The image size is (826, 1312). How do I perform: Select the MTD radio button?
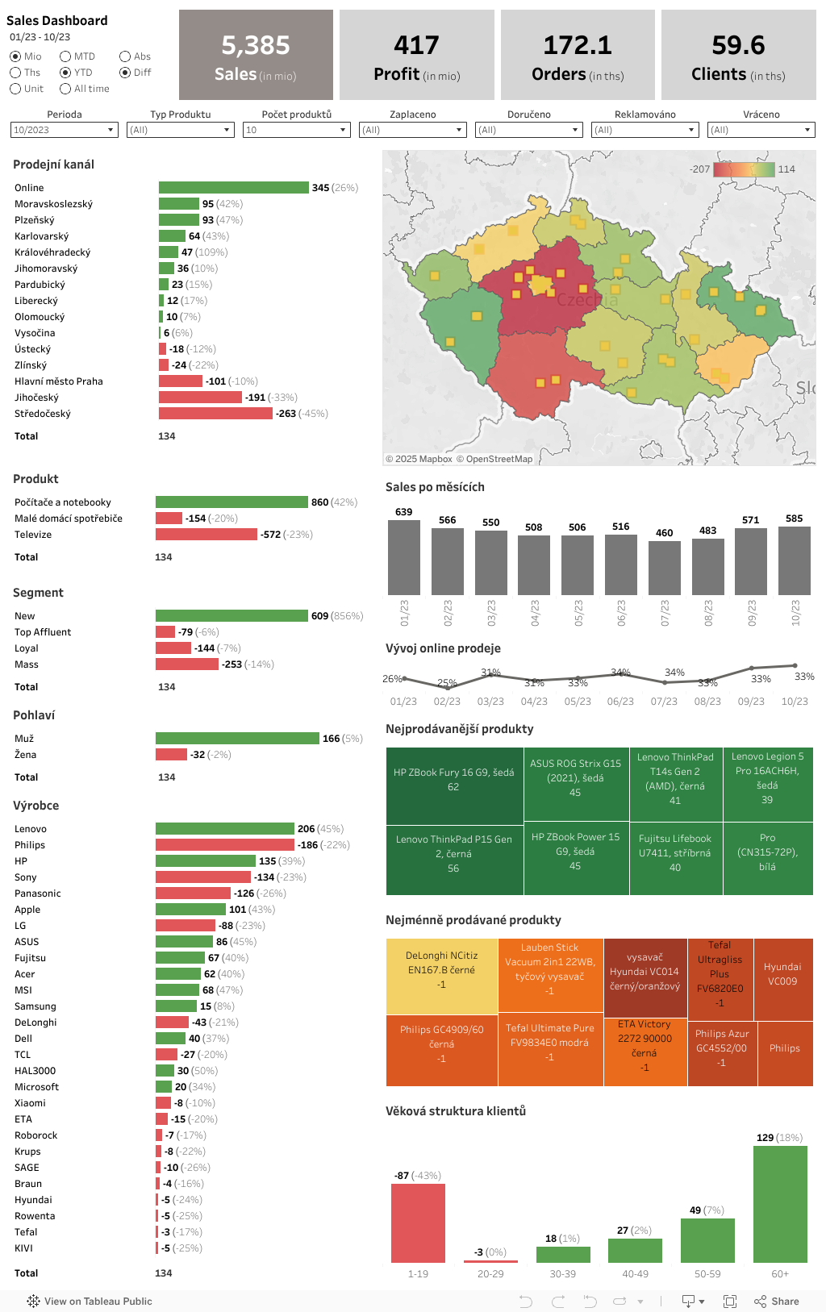pyautogui.click(x=65, y=56)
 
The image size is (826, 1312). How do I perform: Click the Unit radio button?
pyautogui.click(x=15, y=89)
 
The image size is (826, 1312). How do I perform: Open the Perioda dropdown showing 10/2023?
pyautogui.click(x=65, y=130)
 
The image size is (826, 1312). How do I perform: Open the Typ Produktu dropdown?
pyautogui.click(x=181, y=130)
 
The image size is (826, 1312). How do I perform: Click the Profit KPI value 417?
pyautogui.click(x=416, y=45)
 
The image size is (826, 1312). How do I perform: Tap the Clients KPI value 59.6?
pyautogui.click(x=738, y=45)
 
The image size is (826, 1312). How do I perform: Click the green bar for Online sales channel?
pyautogui.click(x=233, y=188)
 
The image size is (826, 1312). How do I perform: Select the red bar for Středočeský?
pyautogui.click(x=215, y=414)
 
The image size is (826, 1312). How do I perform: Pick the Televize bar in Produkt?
pyautogui.click(x=206, y=535)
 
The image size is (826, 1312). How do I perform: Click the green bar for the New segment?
pyautogui.click(x=232, y=616)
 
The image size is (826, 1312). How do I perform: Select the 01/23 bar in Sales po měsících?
pyautogui.click(x=404, y=557)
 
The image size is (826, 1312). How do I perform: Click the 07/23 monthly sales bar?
pyautogui.click(x=664, y=568)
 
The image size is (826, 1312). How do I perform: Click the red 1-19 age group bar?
pyautogui.click(x=418, y=1222)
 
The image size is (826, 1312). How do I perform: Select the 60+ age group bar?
pyautogui.click(x=780, y=1204)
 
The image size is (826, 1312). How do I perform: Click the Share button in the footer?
pyautogui.click(x=777, y=1301)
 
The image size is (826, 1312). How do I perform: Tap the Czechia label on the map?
pyautogui.click(x=587, y=301)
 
